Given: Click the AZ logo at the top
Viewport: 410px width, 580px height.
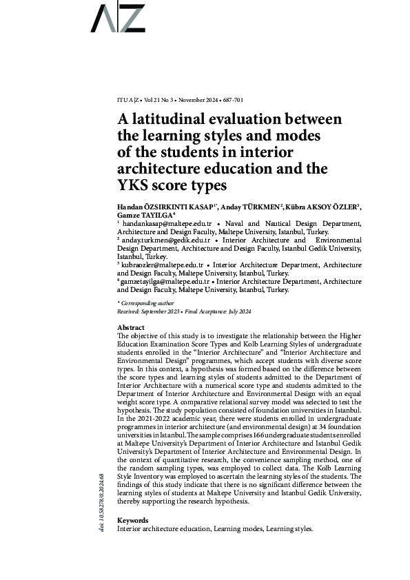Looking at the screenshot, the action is click(119, 19).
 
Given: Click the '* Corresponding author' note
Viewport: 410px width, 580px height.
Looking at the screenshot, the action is click(146, 303).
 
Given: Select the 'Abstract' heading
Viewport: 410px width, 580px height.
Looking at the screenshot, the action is click(131, 327).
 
